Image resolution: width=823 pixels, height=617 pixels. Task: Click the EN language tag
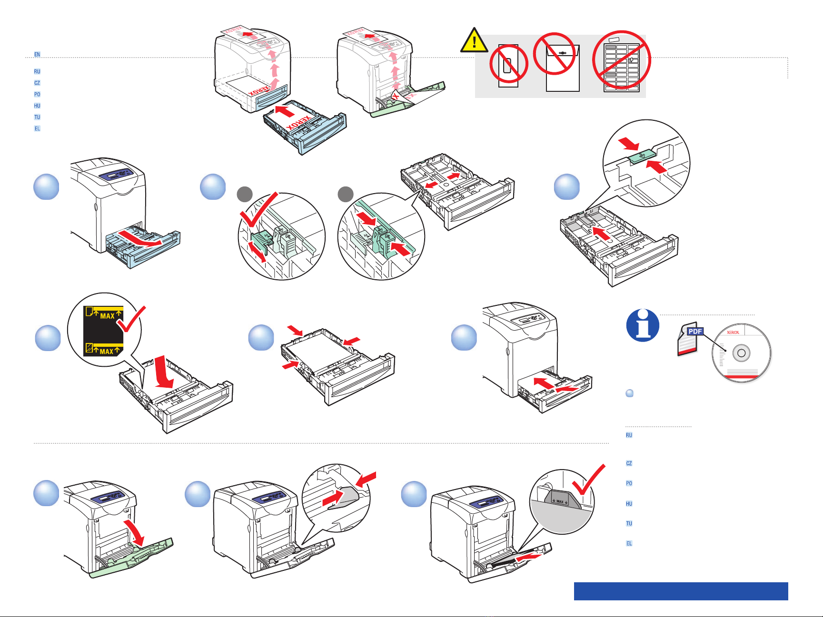[37, 54]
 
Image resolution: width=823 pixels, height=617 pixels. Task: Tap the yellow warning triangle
[474, 41]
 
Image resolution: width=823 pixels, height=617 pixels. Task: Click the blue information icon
[643, 325]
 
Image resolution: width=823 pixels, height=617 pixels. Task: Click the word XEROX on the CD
[733, 333]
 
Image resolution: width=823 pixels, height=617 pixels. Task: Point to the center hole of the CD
[741, 353]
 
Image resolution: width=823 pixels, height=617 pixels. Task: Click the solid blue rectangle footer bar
[681, 591]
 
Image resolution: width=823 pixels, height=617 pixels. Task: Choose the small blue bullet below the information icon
[629, 393]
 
